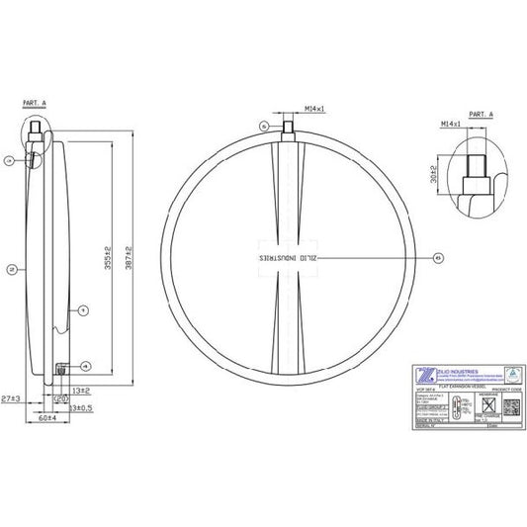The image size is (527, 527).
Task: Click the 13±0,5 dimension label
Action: pyautogui.click(x=81, y=406)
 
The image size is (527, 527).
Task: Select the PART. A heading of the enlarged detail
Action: pyautogui.click(x=482, y=114)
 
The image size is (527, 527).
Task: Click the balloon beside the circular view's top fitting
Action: pyautogui.click(x=263, y=126)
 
